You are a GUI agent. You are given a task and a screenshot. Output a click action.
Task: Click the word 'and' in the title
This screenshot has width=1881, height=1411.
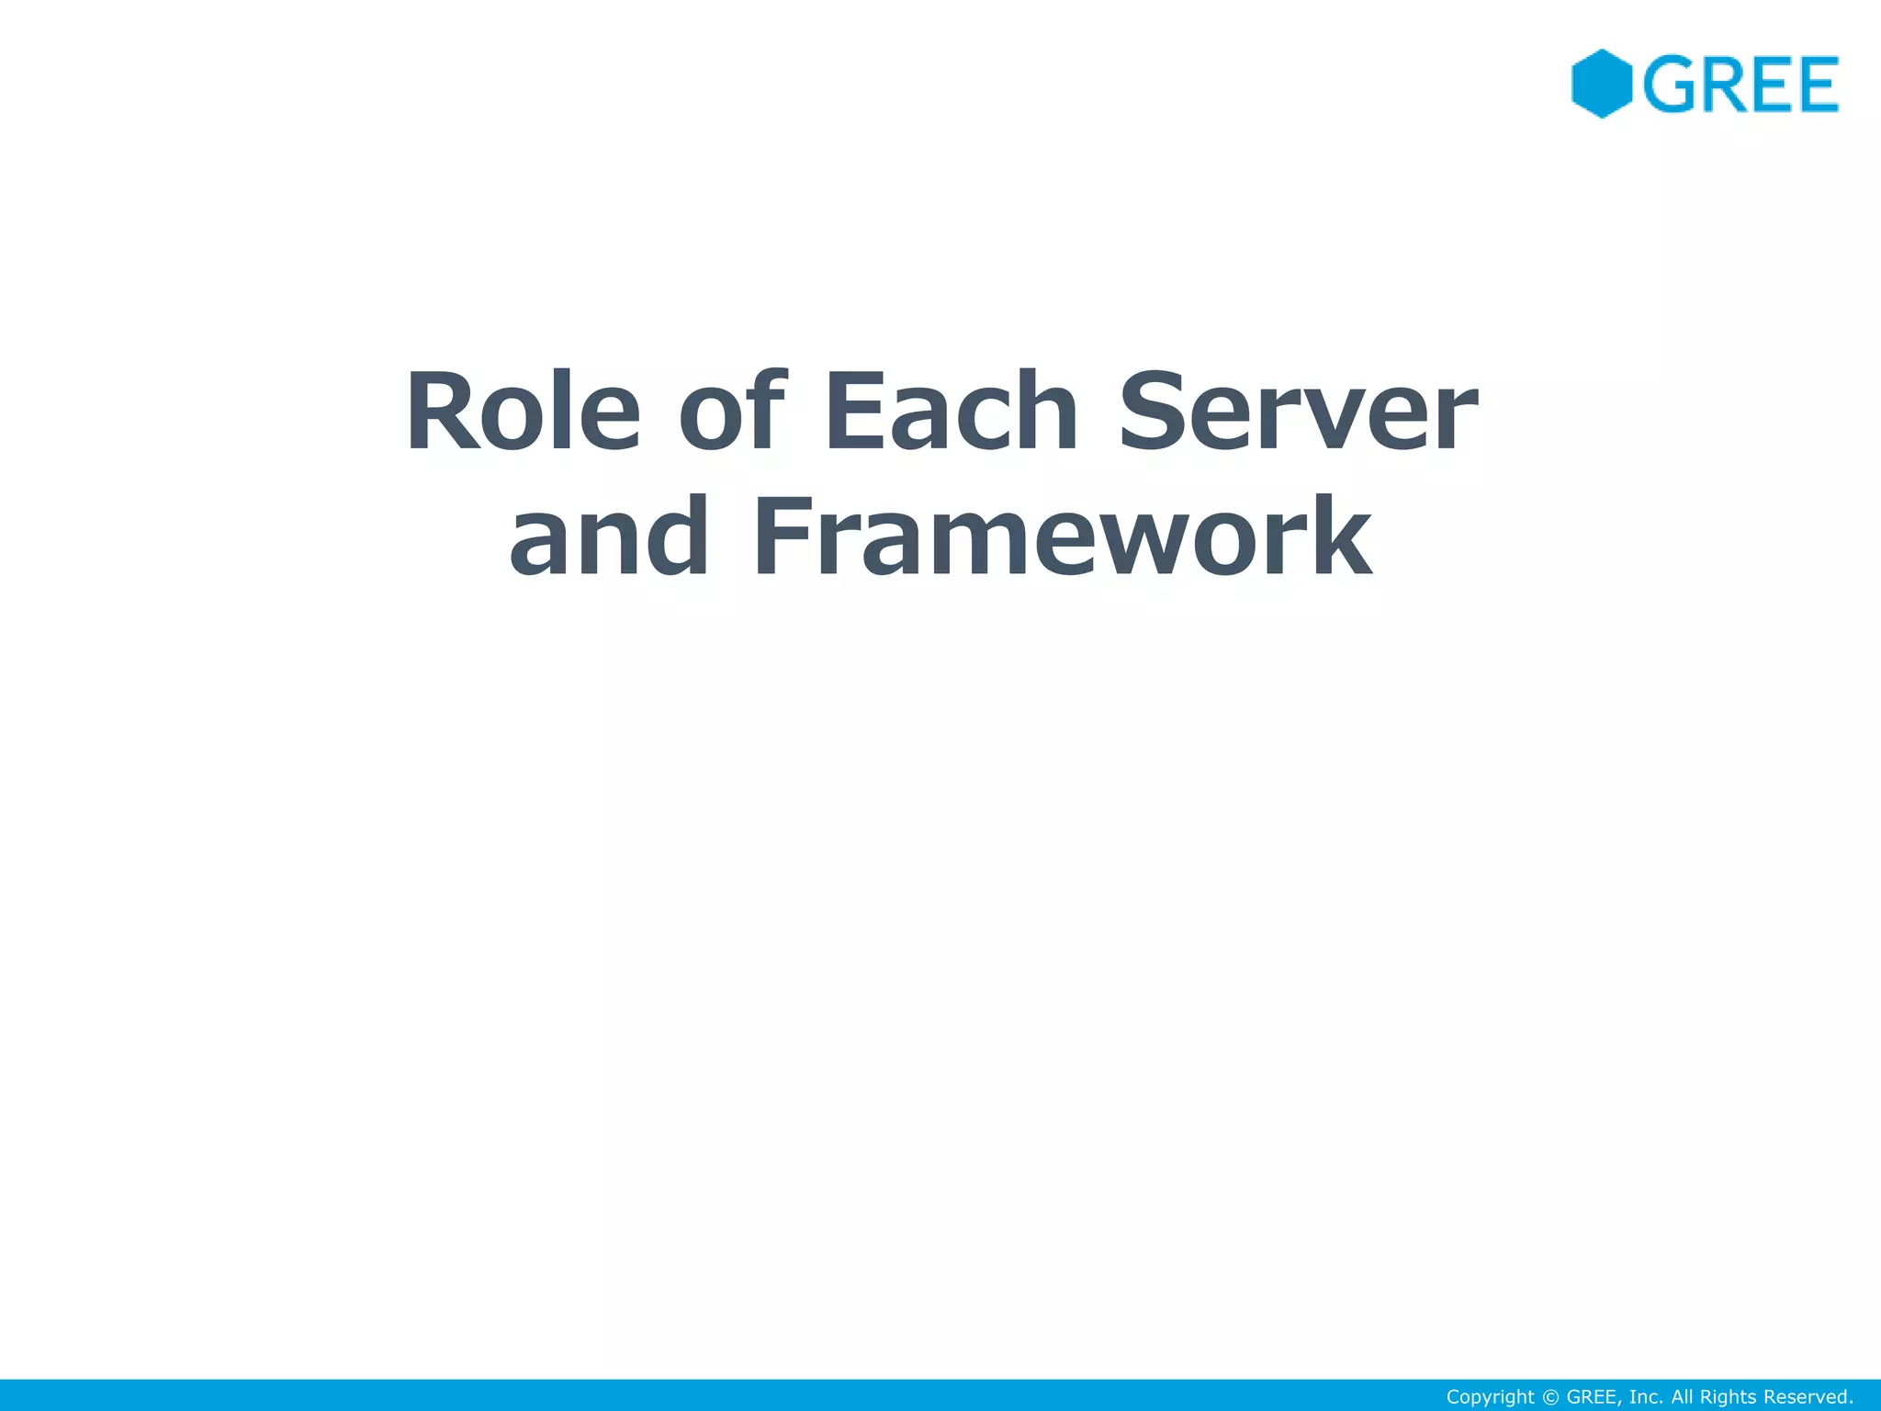609,536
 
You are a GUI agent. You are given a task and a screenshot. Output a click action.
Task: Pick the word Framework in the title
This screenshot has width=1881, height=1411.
1063,536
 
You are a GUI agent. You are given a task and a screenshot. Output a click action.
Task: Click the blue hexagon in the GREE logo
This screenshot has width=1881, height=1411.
1601,84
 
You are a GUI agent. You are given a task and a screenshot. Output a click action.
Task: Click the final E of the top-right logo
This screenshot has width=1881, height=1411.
1815,85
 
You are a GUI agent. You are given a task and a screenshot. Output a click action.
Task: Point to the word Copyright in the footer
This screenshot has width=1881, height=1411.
1490,1397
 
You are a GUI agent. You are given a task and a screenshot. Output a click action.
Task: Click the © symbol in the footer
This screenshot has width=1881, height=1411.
1550,1397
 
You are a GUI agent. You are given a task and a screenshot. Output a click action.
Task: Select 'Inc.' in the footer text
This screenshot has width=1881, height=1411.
1646,1397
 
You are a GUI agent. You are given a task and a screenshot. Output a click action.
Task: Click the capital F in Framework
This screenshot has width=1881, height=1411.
783,536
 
